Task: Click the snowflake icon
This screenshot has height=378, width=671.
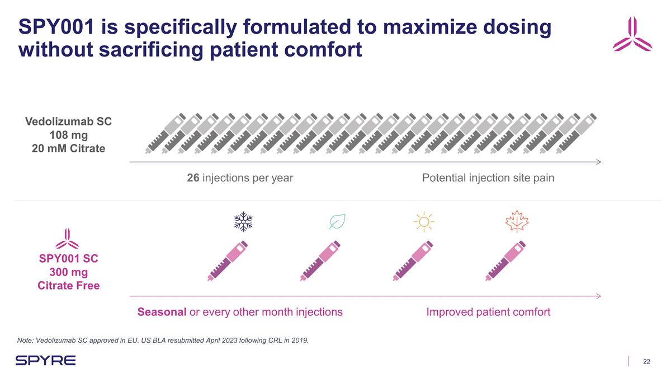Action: (x=243, y=222)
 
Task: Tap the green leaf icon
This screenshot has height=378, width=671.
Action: (x=337, y=222)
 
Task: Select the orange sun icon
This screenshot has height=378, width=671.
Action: (x=424, y=222)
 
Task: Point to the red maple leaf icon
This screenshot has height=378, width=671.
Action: (x=517, y=222)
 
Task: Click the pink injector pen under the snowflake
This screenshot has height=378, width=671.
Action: (x=228, y=260)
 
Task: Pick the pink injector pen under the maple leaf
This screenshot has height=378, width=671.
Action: (x=505, y=260)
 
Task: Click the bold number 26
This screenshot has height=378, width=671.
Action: (x=193, y=178)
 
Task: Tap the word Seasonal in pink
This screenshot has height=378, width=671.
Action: (x=162, y=312)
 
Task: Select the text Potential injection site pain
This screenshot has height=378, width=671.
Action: (x=488, y=178)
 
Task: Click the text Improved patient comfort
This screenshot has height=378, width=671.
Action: (x=488, y=312)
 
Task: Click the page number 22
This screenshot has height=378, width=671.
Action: (x=646, y=362)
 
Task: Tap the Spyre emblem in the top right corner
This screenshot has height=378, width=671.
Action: (x=632, y=35)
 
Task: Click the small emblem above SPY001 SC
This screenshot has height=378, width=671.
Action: (x=68, y=239)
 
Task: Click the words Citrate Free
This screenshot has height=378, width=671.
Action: (x=68, y=286)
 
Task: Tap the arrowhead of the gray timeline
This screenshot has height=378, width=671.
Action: (x=598, y=162)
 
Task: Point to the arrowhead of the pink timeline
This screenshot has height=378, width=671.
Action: (x=598, y=296)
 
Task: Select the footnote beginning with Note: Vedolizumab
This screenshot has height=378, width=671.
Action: (x=163, y=340)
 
